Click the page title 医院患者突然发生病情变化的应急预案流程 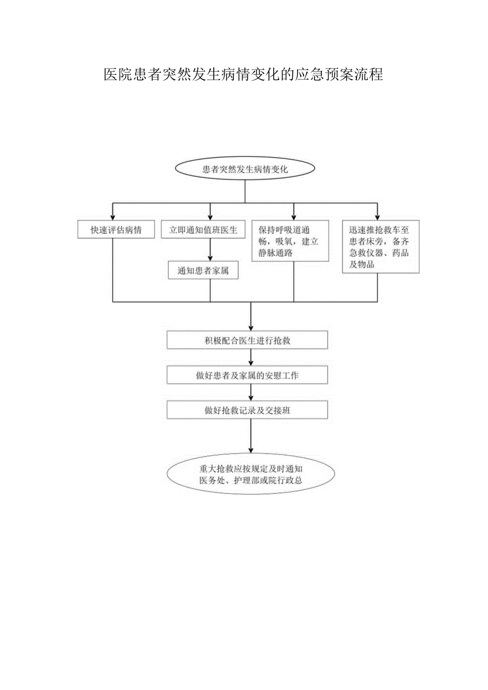(243, 75)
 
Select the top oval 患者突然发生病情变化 (245, 170)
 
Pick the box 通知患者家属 (203, 270)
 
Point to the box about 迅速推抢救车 (380, 247)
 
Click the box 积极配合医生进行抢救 (247, 340)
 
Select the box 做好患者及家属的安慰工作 (247, 375)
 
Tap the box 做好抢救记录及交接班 (247, 410)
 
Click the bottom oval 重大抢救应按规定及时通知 (250, 474)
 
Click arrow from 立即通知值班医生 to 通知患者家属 (211, 250)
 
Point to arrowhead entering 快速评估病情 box (112, 217)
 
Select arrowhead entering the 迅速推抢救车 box (377, 217)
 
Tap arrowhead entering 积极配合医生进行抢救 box (250, 328)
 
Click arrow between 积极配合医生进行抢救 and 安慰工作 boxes (250, 358)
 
